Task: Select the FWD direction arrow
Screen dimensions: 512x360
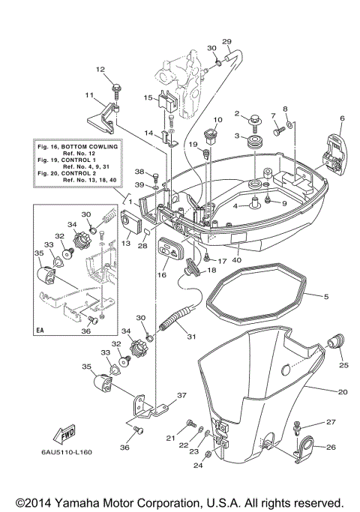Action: click(64, 436)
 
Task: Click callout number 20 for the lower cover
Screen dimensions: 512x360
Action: click(343, 391)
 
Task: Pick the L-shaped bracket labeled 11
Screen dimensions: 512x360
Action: click(99, 113)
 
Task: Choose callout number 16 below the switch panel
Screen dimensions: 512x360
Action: click(162, 275)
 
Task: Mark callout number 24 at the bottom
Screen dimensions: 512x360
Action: click(198, 466)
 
